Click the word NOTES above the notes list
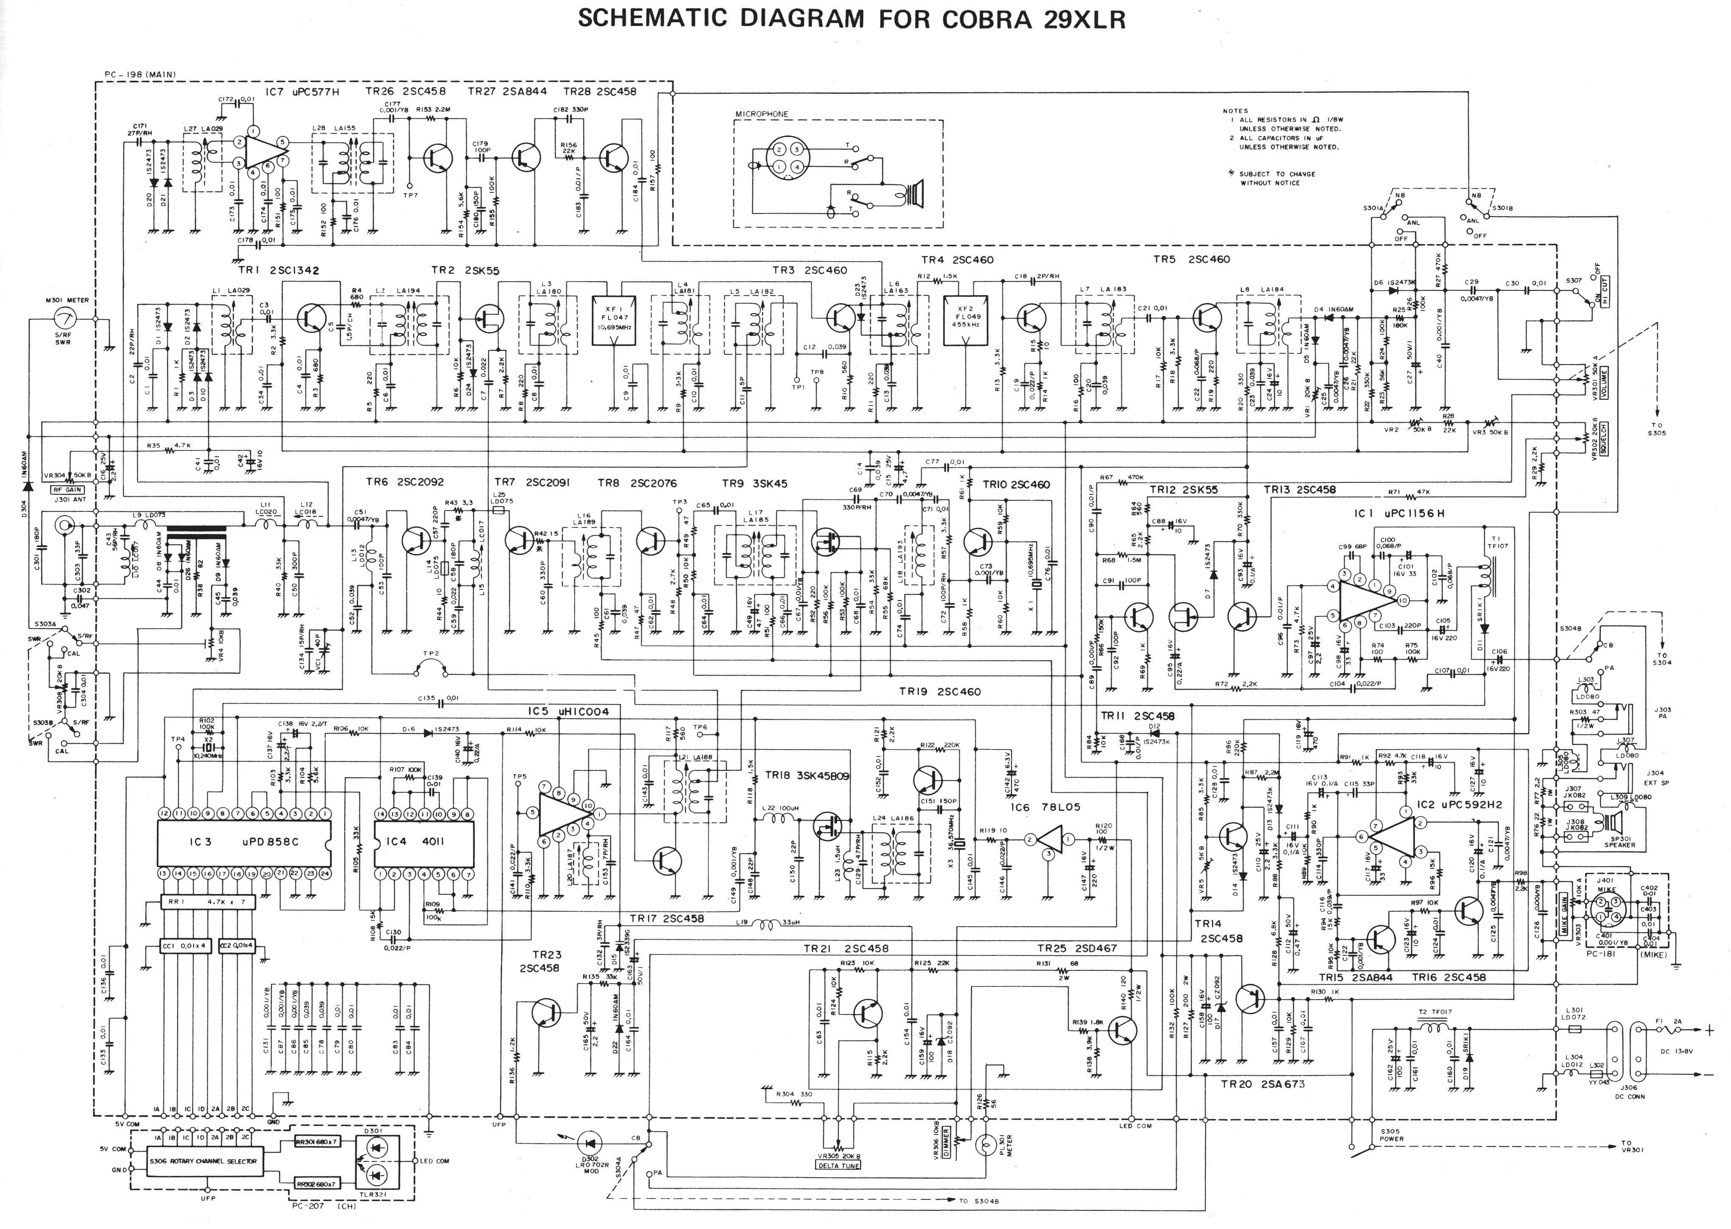tap(1235, 111)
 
